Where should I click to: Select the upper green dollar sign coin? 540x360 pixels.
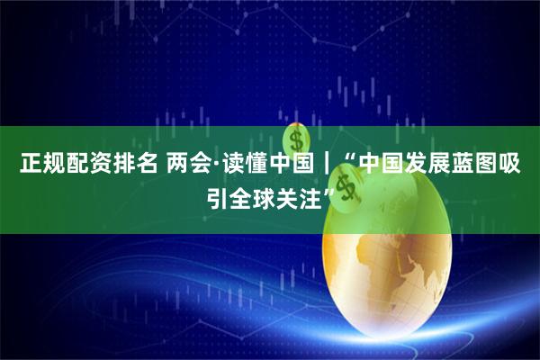point(296,139)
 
